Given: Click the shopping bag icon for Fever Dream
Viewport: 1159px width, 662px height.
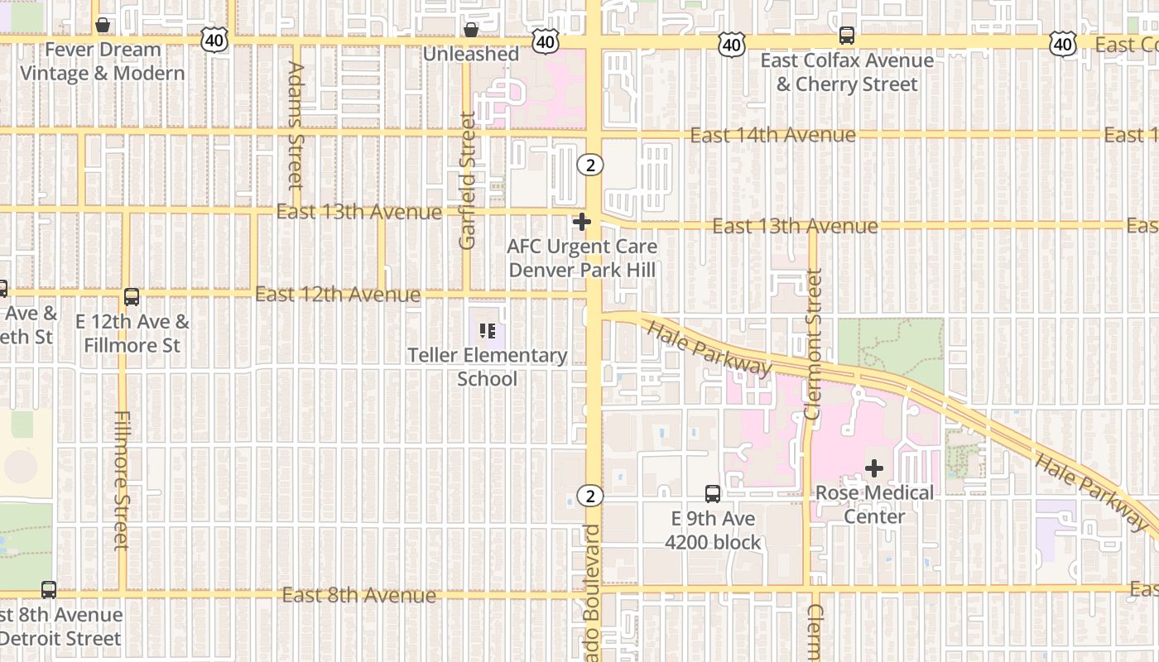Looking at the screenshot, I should (x=103, y=26).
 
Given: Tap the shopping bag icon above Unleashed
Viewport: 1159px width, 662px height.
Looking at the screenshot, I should (x=471, y=31).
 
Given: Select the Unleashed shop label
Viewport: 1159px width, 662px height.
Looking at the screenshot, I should (x=471, y=55).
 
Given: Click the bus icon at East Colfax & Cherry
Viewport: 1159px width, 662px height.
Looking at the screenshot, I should (x=846, y=36).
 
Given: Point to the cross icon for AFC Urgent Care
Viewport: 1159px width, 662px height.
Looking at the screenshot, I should (x=582, y=222).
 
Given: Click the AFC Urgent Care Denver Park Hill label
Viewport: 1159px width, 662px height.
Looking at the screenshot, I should (x=582, y=258).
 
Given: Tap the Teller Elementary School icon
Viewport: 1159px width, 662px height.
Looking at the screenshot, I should (x=488, y=332).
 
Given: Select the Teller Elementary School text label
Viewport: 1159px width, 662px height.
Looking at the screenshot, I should (x=488, y=367).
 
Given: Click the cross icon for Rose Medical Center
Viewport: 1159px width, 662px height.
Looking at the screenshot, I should (x=874, y=469).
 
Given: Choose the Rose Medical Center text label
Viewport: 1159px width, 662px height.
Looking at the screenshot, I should (x=874, y=505).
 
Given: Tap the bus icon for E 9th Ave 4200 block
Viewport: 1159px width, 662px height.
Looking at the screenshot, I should (x=712, y=494).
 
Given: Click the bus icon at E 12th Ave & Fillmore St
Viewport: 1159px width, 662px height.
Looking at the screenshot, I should (x=132, y=297).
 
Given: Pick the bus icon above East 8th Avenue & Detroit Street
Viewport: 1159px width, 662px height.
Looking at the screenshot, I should (x=49, y=590).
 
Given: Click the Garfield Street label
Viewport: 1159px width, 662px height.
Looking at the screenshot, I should (x=468, y=180).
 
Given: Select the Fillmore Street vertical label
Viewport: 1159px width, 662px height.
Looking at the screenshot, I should (x=122, y=480).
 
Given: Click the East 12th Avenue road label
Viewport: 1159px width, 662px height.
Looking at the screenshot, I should (x=338, y=295).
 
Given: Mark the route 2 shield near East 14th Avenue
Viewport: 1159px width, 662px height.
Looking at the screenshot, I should (x=590, y=165).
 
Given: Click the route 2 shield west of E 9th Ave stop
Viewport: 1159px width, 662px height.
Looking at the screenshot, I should (x=590, y=496).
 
